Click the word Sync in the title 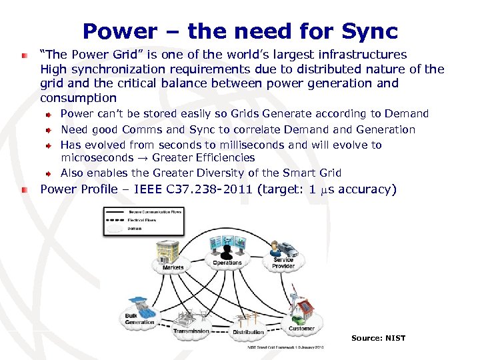point(367,31)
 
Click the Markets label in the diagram point(173,267)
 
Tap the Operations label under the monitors point(227,263)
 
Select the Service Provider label point(283,263)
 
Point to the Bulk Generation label point(139,319)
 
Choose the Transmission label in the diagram point(191,331)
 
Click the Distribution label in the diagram point(248,332)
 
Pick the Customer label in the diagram point(301,328)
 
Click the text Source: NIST point(378,338)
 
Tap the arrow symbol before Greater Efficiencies point(143,158)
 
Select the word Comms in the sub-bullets point(133,129)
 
